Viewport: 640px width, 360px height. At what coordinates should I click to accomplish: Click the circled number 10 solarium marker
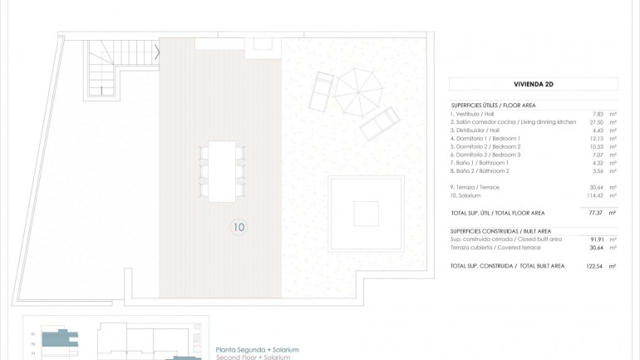(239, 225)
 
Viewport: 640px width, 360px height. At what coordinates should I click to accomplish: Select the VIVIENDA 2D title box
(533, 84)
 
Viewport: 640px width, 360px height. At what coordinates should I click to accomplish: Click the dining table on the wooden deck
(222, 170)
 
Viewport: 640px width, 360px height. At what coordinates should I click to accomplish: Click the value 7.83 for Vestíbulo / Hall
(596, 114)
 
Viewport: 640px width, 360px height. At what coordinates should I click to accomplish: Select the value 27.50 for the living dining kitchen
(595, 122)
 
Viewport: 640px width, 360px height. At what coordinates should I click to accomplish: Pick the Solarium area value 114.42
(594, 195)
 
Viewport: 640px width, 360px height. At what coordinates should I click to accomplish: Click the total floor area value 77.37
(595, 214)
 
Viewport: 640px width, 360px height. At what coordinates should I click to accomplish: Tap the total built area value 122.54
(593, 266)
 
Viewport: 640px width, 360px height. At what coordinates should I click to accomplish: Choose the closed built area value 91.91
(595, 239)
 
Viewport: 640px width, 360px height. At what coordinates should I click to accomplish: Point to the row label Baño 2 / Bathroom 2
(479, 170)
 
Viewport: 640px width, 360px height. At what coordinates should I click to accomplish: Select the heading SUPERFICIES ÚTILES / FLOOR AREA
(493, 106)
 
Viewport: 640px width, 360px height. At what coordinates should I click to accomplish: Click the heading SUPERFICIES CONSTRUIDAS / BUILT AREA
(500, 230)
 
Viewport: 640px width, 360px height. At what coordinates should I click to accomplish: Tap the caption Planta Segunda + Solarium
(257, 349)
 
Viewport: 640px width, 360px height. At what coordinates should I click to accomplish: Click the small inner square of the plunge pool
(366, 214)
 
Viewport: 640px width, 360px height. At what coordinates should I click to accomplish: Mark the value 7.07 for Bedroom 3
(597, 155)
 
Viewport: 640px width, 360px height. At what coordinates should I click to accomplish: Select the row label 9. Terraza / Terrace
(475, 187)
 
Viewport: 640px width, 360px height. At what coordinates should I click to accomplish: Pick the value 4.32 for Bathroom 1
(597, 162)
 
